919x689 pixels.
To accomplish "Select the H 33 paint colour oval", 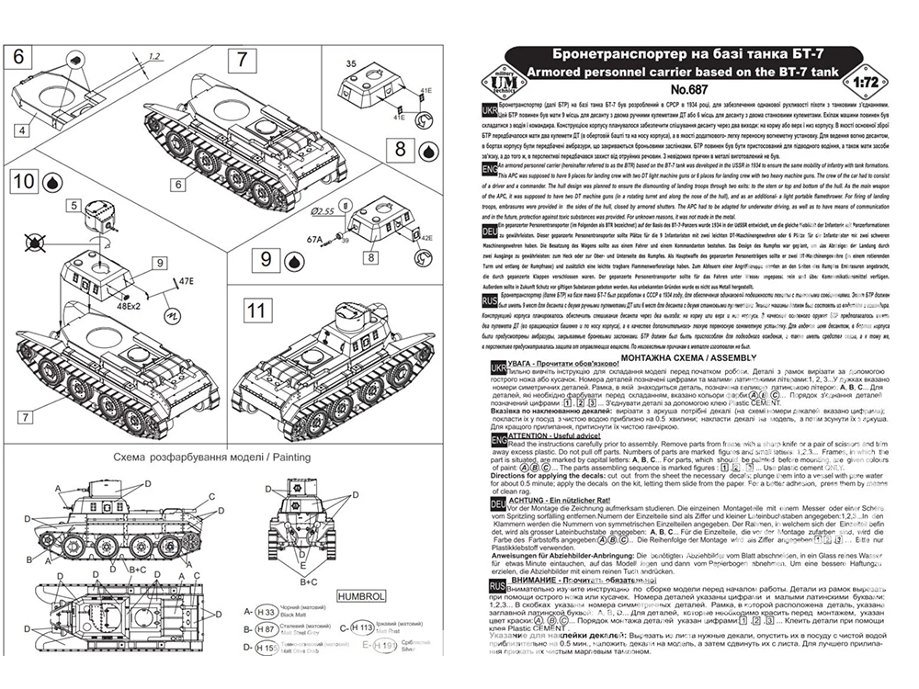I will coord(267,611).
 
